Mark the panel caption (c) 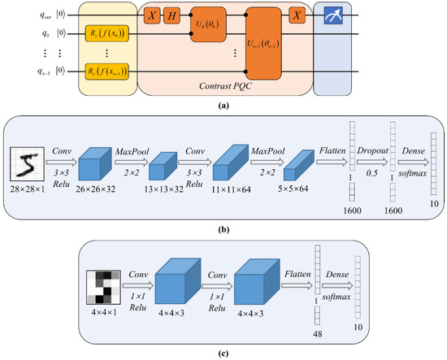(x=223, y=351)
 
